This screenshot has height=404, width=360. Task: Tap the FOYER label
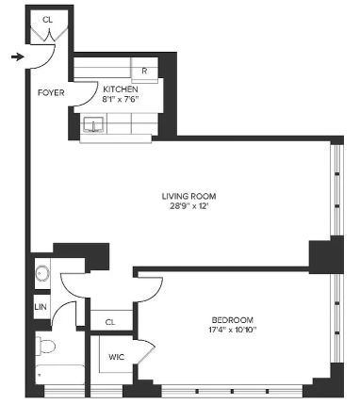50,93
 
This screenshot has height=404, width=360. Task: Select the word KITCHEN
121,89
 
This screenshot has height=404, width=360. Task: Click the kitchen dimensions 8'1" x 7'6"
121,99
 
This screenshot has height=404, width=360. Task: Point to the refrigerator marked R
144,71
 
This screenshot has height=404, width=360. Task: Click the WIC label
116,358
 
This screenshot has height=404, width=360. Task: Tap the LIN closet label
41,308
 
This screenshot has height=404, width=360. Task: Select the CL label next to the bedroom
110,322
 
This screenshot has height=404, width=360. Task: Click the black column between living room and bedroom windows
326,255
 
